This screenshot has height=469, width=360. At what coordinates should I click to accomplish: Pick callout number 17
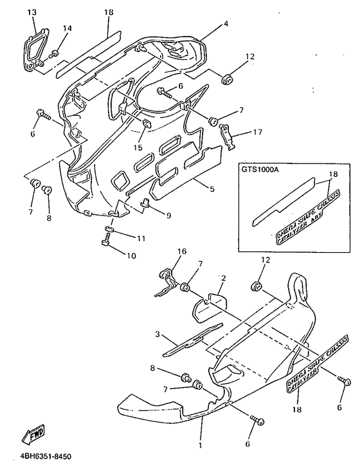tap(257, 133)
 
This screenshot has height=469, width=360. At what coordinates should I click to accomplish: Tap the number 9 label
tap(168, 216)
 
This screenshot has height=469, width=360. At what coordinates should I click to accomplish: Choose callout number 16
tap(182, 251)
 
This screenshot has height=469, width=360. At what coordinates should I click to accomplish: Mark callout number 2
tap(224, 278)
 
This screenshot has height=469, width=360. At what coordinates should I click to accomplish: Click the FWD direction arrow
tap(35, 437)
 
